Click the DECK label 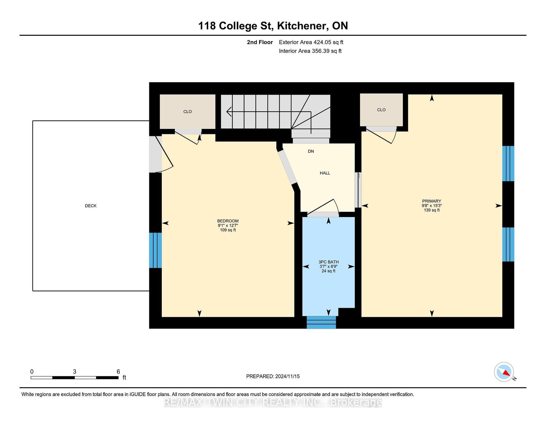pyautogui.click(x=91, y=206)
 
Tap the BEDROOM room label pyautogui.click(x=228, y=221)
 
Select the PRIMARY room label pyautogui.click(x=432, y=201)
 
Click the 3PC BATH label pyautogui.click(x=329, y=262)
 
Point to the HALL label pyautogui.click(x=325, y=173)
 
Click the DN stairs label pyautogui.click(x=311, y=151)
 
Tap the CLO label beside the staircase pyautogui.click(x=187, y=112)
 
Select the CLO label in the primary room pyautogui.click(x=381, y=110)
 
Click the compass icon pyautogui.click(x=504, y=372)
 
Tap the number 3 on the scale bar pyautogui.click(x=75, y=372)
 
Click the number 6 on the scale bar pyautogui.click(x=118, y=372)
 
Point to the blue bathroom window pyautogui.click(x=321, y=322)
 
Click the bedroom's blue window pyautogui.click(x=156, y=250)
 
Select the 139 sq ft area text pyautogui.click(x=432, y=210)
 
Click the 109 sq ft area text pyautogui.click(x=228, y=230)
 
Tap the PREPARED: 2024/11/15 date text pyautogui.click(x=273, y=376)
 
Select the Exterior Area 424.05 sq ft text pyautogui.click(x=311, y=42)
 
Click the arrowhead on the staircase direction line pyautogui.click(x=229, y=112)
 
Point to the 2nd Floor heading pyautogui.click(x=260, y=42)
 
